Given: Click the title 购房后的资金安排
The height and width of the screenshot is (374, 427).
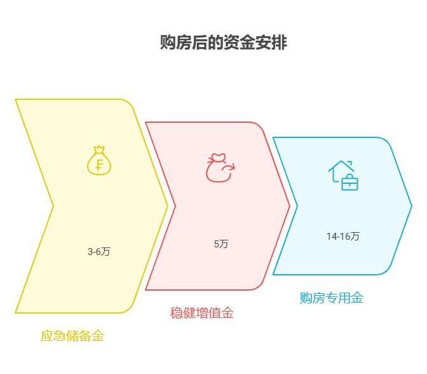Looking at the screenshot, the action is [x=223, y=43].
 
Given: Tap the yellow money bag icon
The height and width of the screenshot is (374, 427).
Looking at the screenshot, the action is [x=99, y=160].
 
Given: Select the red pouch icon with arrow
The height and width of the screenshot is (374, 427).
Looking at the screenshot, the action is [x=220, y=168].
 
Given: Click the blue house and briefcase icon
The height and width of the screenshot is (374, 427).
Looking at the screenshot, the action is [x=343, y=176].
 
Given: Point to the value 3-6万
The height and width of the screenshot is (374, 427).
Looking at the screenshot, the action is [x=99, y=251].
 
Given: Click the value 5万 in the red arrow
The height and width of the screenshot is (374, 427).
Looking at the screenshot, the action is [x=221, y=244].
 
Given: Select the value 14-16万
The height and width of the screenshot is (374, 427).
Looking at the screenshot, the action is [x=343, y=236].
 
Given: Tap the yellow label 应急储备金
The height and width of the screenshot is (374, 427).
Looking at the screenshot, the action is [x=72, y=336].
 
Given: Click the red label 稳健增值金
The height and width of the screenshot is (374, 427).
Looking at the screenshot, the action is [x=202, y=313].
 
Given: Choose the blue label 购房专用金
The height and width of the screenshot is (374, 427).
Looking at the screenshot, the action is [x=332, y=298].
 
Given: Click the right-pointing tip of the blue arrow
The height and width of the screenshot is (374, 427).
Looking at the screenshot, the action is [x=412, y=206].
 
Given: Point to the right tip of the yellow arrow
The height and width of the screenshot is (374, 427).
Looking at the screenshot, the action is [x=168, y=206].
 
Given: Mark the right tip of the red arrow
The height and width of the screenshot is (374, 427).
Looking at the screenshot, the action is [x=290, y=206].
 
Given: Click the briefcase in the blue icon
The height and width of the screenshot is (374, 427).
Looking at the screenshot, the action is [x=350, y=183].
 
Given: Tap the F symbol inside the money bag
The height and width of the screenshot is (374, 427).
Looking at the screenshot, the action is [x=99, y=165].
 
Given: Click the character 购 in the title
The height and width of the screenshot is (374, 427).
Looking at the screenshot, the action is [x=168, y=43].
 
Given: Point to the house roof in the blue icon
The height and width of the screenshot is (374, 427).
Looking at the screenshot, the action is [x=341, y=166].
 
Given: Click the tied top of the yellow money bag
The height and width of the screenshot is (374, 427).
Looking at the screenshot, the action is [x=99, y=149].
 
